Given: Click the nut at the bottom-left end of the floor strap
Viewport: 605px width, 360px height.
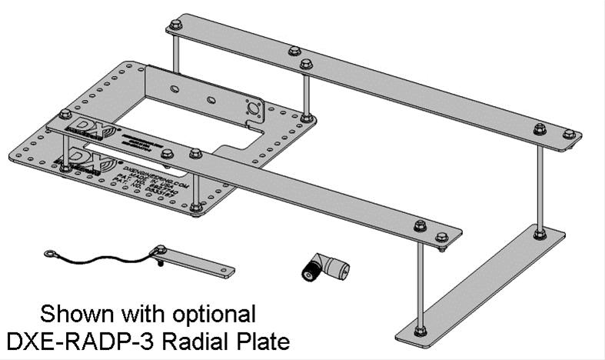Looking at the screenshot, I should click(x=420, y=331).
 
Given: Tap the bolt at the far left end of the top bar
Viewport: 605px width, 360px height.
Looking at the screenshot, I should click(x=175, y=24).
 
